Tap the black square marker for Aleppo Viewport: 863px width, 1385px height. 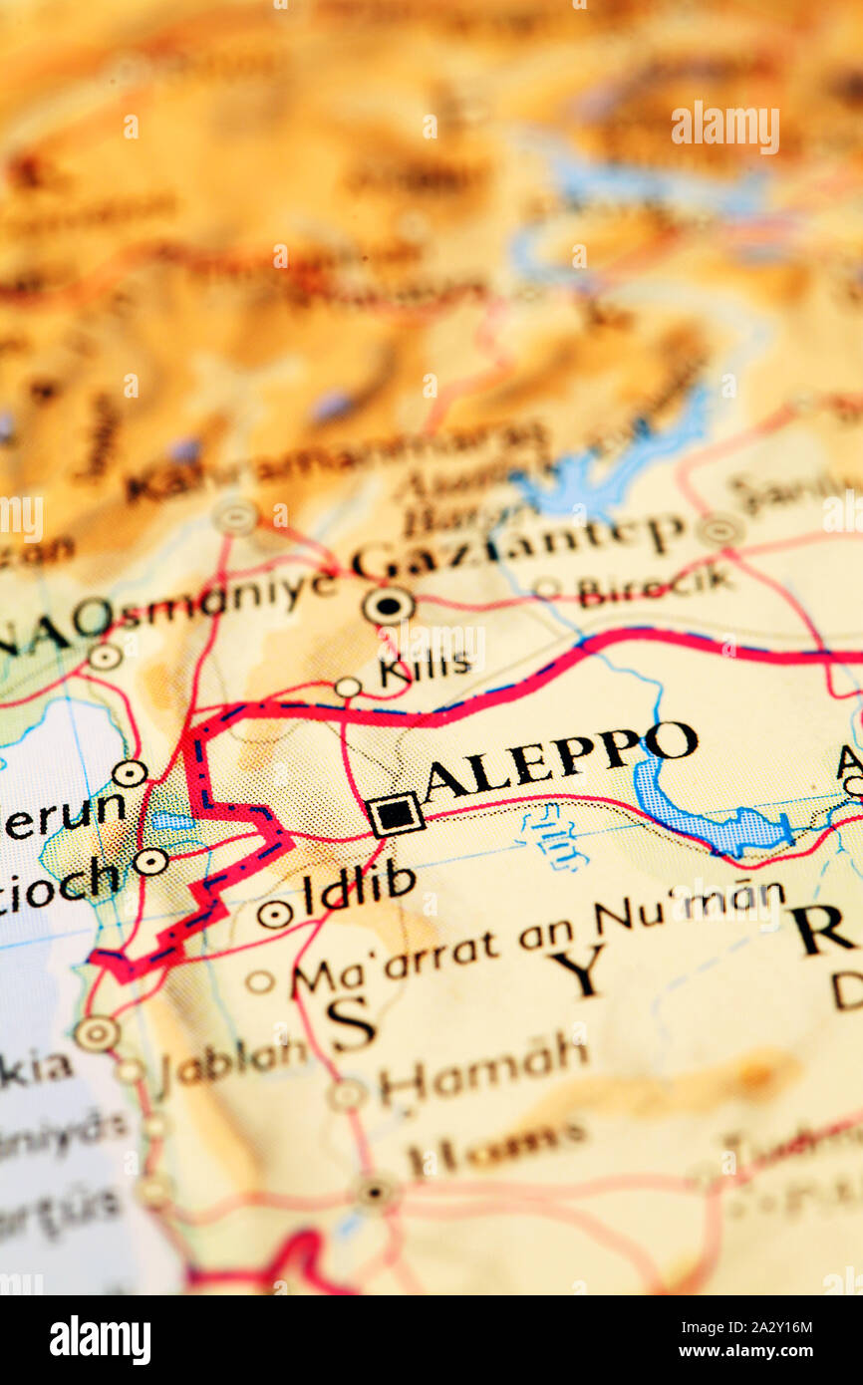coord(396,814)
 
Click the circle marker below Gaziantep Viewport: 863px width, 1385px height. coord(388,605)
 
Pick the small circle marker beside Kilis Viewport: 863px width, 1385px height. coord(347,687)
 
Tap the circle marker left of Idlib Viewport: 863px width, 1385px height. coord(274,913)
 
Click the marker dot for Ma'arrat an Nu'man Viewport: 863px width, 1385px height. coord(259,981)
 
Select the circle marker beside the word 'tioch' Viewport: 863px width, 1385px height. coord(150,862)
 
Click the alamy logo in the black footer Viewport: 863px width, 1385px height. coord(100,1340)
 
